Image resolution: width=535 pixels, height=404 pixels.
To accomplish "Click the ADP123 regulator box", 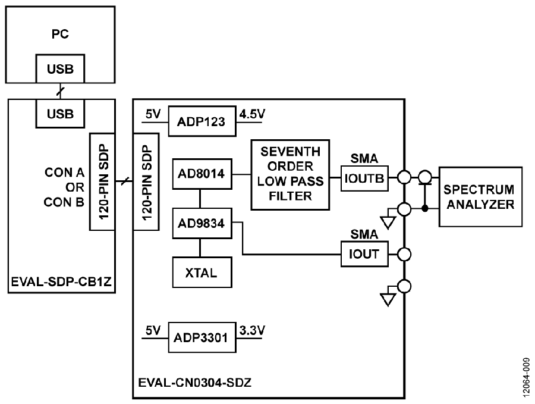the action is (x=202, y=121).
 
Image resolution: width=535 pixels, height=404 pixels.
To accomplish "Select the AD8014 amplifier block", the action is (x=202, y=174).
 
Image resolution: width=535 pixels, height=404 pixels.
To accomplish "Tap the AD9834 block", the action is (x=202, y=223).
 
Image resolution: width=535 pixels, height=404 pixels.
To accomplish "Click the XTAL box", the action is (x=202, y=273).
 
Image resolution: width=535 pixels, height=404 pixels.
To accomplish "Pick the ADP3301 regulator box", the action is (x=202, y=337).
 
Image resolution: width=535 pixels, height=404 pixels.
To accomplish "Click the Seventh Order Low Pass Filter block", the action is (x=290, y=174).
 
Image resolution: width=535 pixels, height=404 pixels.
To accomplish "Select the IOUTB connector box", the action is (x=364, y=178).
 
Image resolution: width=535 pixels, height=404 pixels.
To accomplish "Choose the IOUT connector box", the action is (x=364, y=254).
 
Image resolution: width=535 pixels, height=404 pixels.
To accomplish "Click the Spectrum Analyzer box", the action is (x=480, y=197).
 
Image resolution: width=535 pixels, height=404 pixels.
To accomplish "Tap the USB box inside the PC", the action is (x=60, y=68).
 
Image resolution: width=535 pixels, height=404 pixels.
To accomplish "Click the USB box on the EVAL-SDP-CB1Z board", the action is (x=60, y=114).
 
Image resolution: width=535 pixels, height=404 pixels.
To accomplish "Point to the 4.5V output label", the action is (x=252, y=114).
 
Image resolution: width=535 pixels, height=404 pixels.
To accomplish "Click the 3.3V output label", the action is (x=252, y=331).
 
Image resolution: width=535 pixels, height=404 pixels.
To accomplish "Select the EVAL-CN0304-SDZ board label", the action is (x=195, y=383).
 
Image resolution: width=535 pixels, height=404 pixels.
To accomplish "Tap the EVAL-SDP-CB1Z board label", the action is (x=61, y=282).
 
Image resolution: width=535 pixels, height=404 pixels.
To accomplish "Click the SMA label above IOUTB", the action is (x=364, y=158).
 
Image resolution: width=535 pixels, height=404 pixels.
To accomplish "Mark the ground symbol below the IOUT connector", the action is (x=388, y=299).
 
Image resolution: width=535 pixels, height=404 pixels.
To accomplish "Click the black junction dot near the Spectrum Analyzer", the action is (x=425, y=208).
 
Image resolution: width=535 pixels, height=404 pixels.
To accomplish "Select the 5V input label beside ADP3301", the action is (x=153, y=331).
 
